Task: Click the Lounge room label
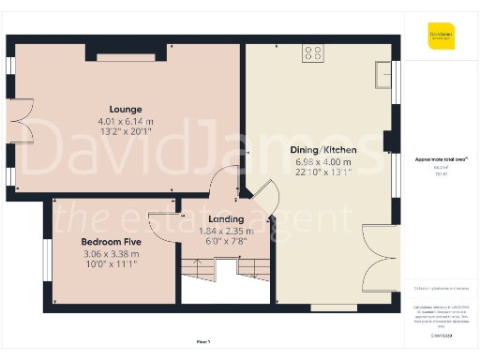click(x=125, y=108)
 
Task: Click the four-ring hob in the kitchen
click(x=313, y=54)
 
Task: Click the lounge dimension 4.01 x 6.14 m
click(x=125, y=121)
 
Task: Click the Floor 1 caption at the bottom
click(x=202, y=340)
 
